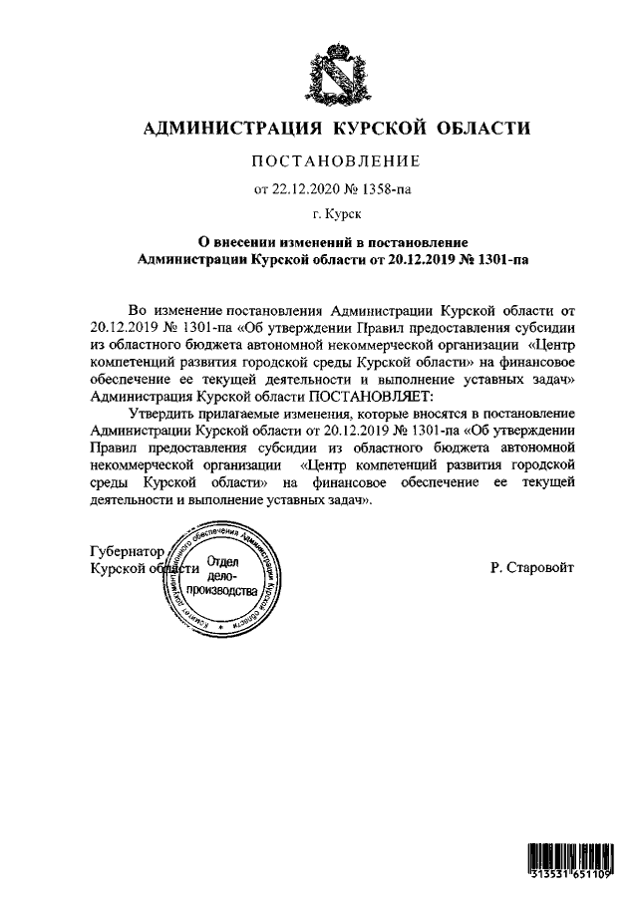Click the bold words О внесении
tap(233, 242)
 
